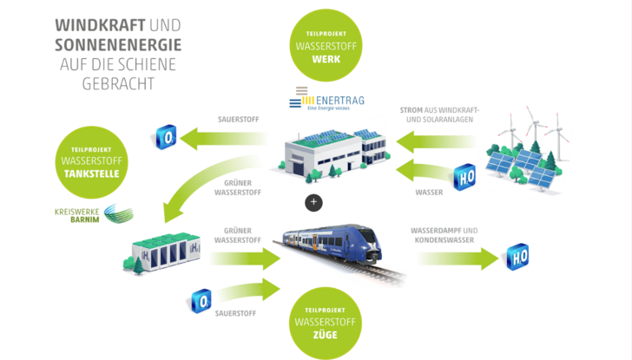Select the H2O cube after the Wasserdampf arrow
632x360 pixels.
click(518, 257)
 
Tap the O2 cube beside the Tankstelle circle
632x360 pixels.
click(166, 136)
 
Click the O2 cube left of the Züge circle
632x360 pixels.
click(201, 302)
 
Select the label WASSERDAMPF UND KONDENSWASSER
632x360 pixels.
click(444, 236)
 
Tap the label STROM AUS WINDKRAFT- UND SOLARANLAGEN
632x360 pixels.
click(439, 115)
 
